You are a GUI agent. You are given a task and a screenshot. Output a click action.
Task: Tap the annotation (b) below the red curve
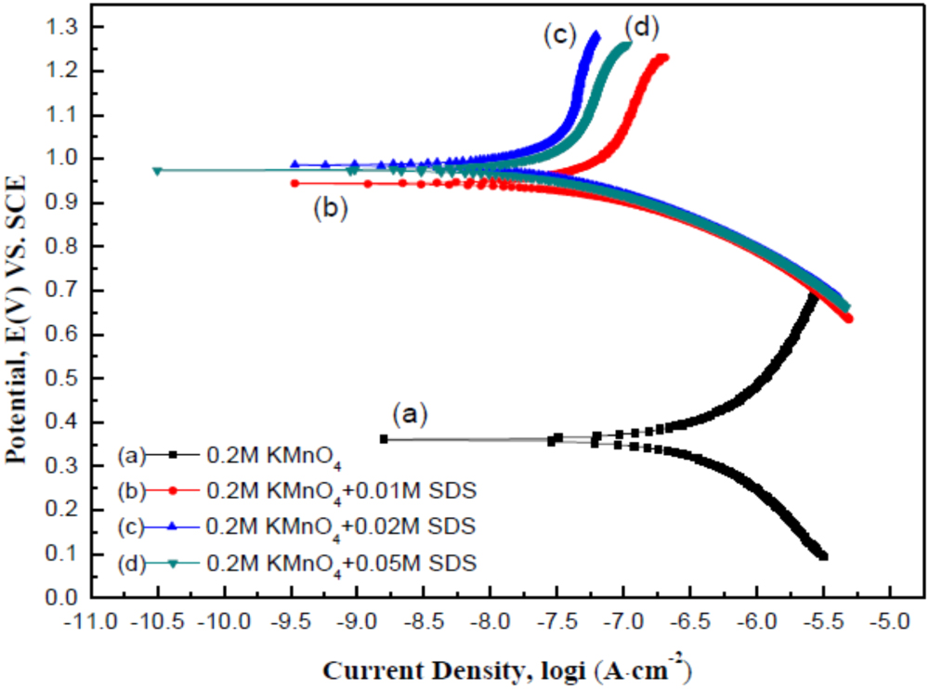(x=331, y=208)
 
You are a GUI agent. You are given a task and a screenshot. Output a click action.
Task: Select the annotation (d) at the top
(x=641, y=28)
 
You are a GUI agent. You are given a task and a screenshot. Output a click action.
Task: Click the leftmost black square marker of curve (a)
(x=384, y=438)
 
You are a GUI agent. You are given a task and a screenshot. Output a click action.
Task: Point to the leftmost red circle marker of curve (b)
(x=294, y=183)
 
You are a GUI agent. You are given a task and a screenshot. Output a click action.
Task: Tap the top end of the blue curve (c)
(x=595, y=35)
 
